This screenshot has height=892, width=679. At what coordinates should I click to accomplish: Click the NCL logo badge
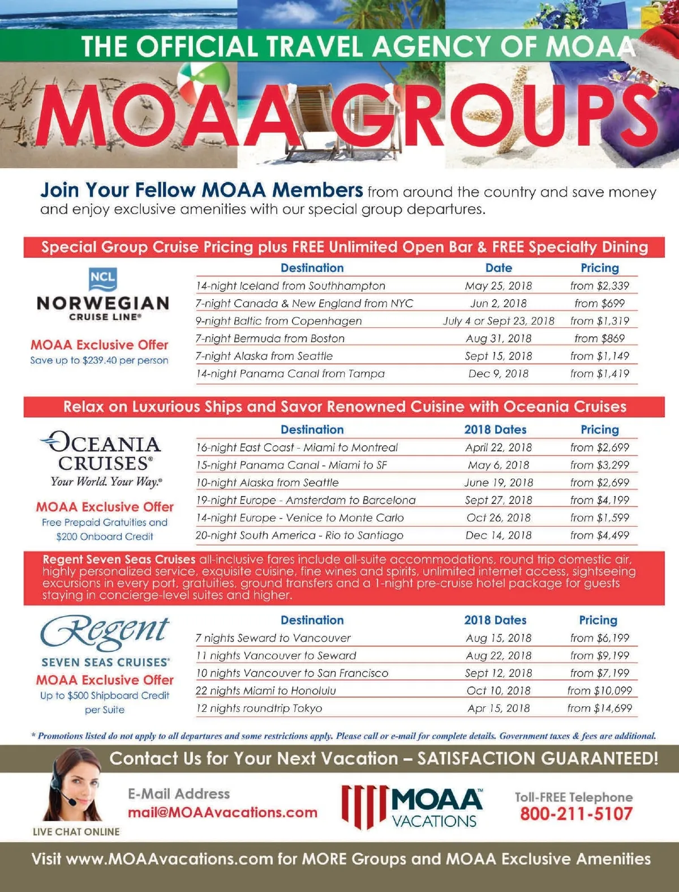point(102,279)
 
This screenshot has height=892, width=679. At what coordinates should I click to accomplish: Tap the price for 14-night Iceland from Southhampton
point(599,285)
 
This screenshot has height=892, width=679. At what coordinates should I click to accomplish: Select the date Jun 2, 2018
point(498,303)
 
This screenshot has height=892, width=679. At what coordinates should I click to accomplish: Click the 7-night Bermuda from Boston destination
point(270,338)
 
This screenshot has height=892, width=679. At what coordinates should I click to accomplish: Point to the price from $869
point(599,338)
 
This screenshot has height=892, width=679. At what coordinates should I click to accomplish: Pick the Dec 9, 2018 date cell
point(498,373)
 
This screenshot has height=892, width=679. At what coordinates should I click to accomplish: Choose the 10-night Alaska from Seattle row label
point(267,483)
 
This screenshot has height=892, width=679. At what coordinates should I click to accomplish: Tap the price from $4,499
point(599,535)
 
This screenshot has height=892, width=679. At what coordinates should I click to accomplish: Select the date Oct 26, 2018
point(498,518)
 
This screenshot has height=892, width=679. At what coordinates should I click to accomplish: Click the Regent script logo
point(105,631)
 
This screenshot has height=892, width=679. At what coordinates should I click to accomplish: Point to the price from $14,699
point(599,708)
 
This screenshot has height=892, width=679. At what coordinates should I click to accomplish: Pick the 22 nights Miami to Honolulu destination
point(265,690)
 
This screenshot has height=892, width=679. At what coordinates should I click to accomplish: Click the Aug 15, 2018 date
point(498,638)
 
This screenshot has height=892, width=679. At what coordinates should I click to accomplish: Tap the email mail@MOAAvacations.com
point(222,812)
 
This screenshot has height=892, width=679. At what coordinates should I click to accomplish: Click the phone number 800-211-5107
point(576,814)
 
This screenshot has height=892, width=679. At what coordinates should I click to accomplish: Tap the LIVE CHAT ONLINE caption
point(76,831)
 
